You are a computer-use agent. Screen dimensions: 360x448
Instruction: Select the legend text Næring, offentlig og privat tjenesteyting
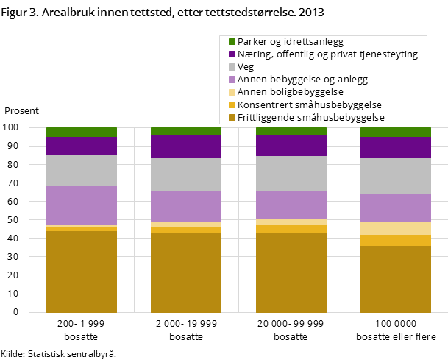327,54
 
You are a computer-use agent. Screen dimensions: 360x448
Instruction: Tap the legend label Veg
246,67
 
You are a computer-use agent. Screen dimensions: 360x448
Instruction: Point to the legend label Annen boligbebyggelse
291,92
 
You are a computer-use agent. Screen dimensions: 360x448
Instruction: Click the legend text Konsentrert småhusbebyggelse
310,105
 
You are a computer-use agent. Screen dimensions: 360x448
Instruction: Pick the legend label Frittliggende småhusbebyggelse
311,117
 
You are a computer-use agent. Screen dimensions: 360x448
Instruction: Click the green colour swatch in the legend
232,42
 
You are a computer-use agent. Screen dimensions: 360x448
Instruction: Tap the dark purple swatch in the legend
232,54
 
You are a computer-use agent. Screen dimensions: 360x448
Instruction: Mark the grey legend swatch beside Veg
232,67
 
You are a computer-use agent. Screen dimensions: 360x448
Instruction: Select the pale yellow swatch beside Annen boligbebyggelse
232,92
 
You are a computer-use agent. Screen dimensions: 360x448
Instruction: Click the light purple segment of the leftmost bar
82,205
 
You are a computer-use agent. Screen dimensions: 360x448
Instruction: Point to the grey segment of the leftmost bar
82,170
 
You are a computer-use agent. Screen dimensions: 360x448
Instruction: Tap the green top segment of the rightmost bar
396,132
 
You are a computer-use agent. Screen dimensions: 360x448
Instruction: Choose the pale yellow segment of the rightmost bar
396,227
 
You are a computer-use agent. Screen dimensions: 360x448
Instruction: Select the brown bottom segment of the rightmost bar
396,279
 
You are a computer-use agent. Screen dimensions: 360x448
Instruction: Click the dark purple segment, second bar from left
186,147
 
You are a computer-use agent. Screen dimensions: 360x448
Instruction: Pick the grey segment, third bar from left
291,173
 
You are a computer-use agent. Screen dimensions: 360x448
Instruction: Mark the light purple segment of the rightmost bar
396,208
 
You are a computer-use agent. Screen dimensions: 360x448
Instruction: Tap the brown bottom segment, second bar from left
186,272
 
